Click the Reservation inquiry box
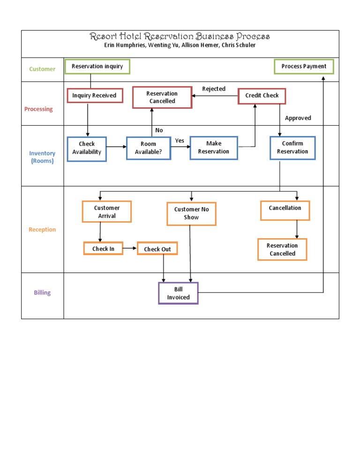[x=97, y=67]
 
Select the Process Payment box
[x=304, y=67]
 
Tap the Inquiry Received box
[x=94, y=96]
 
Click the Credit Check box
[x=262, y=96]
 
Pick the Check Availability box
[x=87, y=148]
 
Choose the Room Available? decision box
[x=148, y=148]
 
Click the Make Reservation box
[x=214, y=148]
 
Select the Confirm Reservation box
[x=292, y=148]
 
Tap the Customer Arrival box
[x=107, y=212]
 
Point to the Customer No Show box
[x=191, y=214]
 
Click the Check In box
[x=103, y=248]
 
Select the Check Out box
[x=157, y=249]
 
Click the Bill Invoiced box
[x=178, y=293]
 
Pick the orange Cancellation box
[x=285, y=210]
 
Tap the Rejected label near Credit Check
[x=214, y=89]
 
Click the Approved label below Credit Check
[x=298, y=118]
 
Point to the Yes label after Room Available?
[x=180, y=141]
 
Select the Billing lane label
[x=42, y=293]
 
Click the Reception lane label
[x=42, y=230]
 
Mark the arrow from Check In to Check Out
[x=130, y=248]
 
